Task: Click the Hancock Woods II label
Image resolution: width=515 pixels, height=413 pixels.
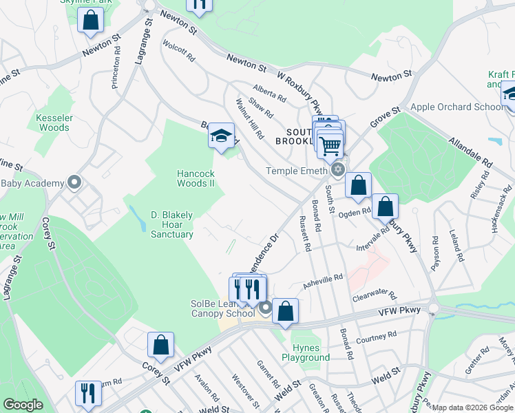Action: point(196,178)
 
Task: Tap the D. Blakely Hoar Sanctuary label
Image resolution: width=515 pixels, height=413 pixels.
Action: point(172,225)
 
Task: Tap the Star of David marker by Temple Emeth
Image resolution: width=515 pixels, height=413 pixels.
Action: point(337,169)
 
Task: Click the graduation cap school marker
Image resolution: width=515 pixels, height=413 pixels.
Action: point(222,135)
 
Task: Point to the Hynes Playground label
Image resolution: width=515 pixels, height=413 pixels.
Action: point(306,352)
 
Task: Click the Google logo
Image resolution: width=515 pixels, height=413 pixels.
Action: point(23,405)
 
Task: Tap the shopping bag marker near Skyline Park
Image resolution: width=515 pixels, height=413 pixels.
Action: point(91,21)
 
